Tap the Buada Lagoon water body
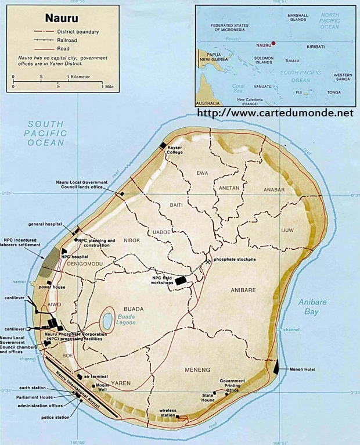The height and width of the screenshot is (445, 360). coord(107,320)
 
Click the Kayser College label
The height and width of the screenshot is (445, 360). coord(175,152)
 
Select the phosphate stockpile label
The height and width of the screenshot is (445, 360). coord(235,259)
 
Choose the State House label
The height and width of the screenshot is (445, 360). coord(208,398)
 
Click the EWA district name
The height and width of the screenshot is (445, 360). coord(203,173)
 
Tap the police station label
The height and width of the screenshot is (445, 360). coord(55,417)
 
